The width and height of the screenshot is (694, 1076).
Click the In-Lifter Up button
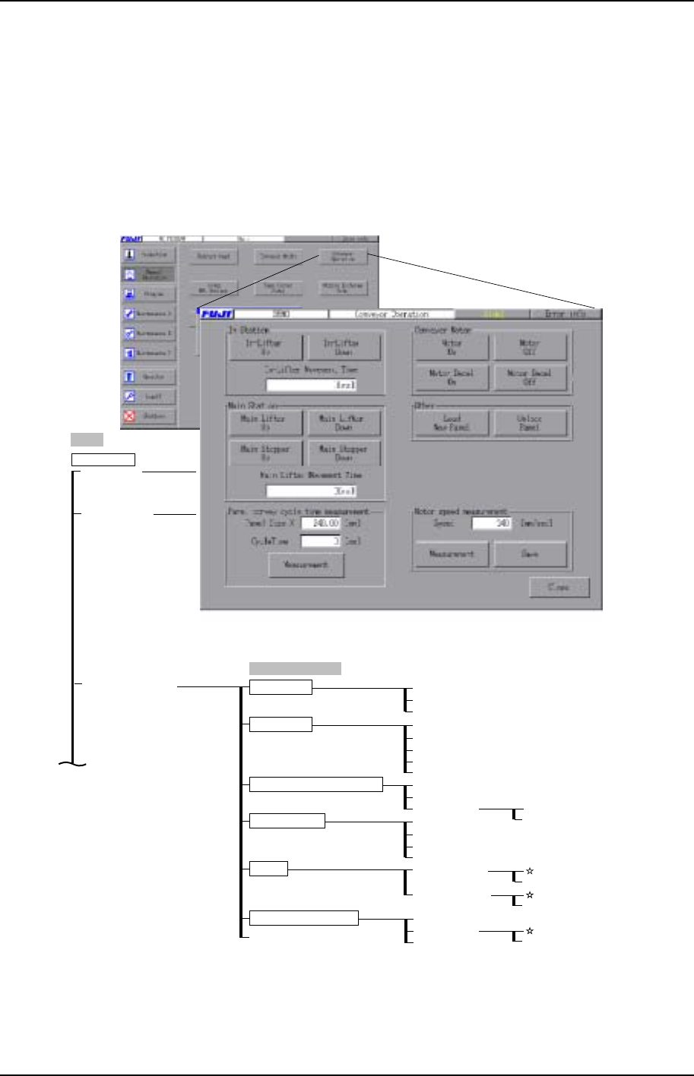[x=265, y=347]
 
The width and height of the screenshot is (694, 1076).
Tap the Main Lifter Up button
[x=265, y=422]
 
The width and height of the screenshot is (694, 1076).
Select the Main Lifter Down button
[x=344, y=422]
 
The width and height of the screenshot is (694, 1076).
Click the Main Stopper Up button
[x=265, y=453]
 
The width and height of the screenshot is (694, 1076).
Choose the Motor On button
[x=452, y=347]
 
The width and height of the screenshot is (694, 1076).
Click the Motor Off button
[x=530, y=347]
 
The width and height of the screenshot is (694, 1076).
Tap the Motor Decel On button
[x=452, y=377]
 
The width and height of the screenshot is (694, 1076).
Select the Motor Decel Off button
[x=530, y=377]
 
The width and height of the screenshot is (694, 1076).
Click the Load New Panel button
[x=452, y=423]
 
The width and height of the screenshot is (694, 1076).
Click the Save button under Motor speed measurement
[x=530, y=554]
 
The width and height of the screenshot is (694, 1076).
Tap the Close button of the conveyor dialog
[x=559, y=588]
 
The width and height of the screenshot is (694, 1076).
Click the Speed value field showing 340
[x=492, y=522]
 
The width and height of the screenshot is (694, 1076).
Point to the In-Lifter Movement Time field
[x=311, y=385]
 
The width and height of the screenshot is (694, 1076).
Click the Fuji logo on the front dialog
[x=217, y=313]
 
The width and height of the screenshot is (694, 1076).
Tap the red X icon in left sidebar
[x=130, y=416]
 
